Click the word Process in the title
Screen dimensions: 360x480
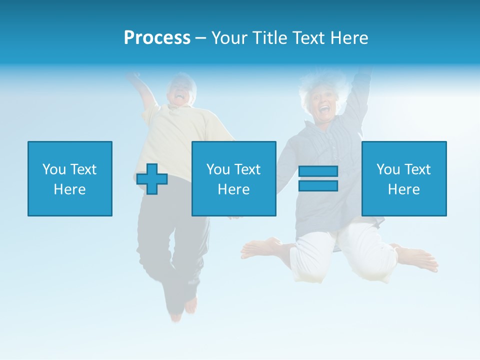click(x=157, y=38)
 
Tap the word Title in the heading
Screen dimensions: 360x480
click(x=270, y=38)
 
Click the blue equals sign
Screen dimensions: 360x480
click(x=318, y=178)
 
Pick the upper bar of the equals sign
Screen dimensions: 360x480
click(x=318, y=171)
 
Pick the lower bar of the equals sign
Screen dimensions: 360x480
click(x=318, y=185)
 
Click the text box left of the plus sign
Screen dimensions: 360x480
click(x=70, y=178)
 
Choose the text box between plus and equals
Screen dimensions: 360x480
click(x=233, y=178)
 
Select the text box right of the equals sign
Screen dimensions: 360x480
click(x=403, y=178)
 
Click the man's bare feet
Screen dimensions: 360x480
click(x=183, y=307)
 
